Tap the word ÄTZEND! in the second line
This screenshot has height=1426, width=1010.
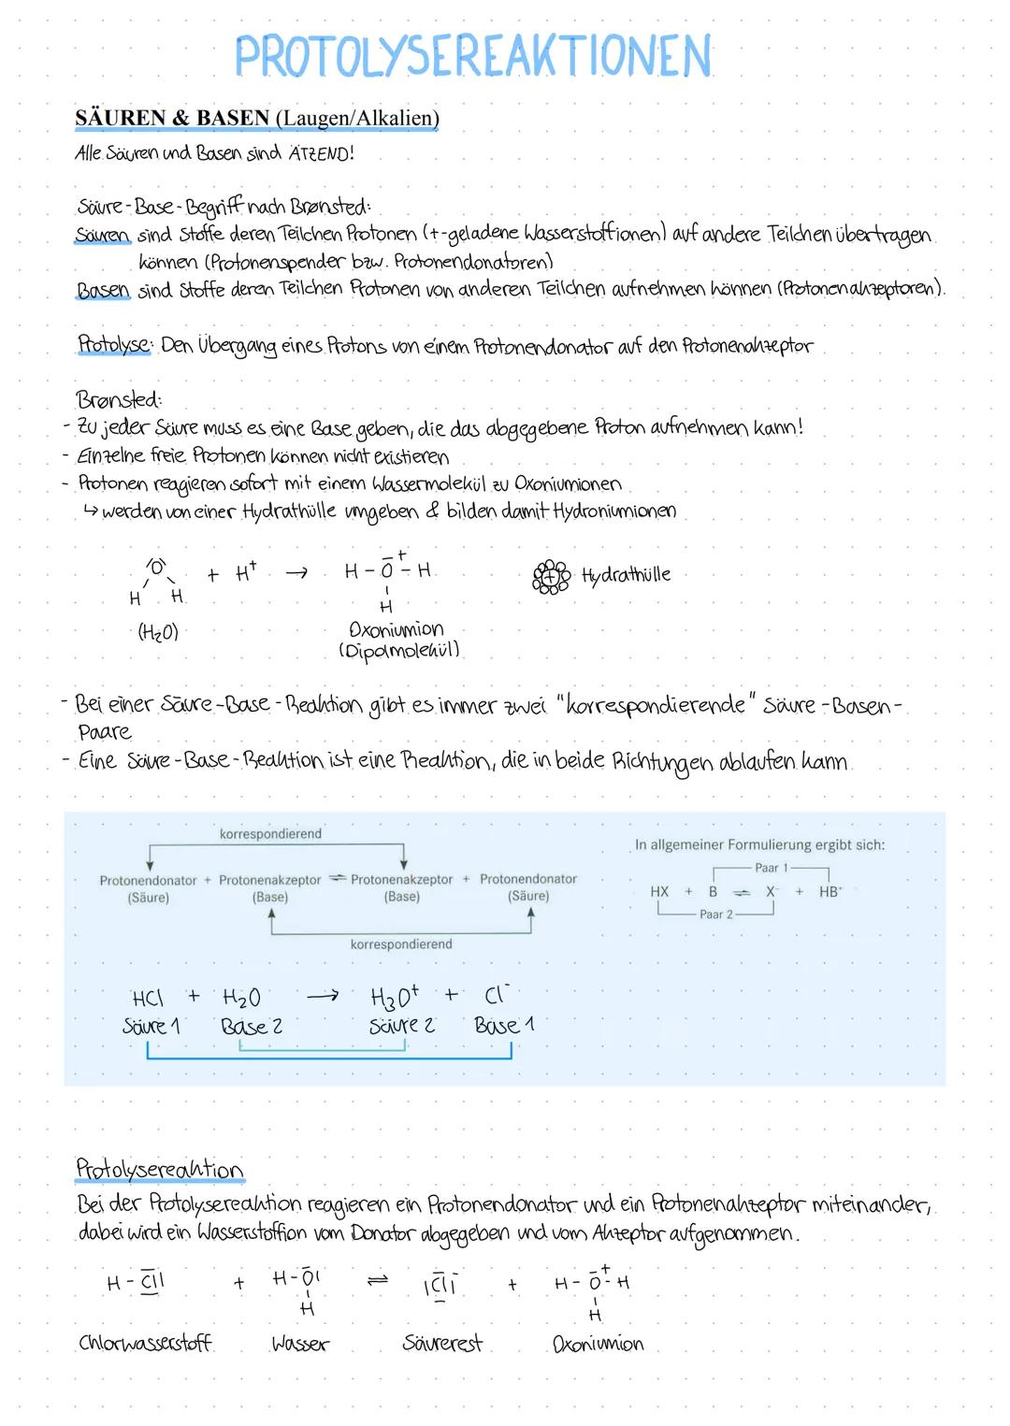[321, 153]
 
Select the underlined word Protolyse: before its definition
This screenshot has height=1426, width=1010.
[114, 345]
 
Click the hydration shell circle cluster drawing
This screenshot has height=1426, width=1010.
[551, 577]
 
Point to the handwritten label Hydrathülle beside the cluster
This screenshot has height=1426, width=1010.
[626, 575]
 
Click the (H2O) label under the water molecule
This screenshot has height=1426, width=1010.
[157, 633]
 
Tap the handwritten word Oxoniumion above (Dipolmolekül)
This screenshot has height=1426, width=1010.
[397, 629]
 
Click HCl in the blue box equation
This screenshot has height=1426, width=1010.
[148, 998]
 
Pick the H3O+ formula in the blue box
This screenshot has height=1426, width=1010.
[395, 997]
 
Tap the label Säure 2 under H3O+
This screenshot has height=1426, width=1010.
[402, 1026]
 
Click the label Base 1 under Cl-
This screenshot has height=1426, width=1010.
[504, 1026]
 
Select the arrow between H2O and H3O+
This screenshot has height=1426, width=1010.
[322, 997]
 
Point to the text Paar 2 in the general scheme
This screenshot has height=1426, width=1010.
[716, 915]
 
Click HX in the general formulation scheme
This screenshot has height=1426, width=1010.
[659, 892]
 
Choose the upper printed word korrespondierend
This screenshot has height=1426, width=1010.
[270, 834]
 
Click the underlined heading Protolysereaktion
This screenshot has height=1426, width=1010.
[159, 1169]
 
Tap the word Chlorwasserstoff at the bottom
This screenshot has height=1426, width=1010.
[145, 1344]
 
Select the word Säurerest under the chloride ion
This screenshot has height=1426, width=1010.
[441, 1344]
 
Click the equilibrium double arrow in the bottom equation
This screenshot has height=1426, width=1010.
[377, 1282]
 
